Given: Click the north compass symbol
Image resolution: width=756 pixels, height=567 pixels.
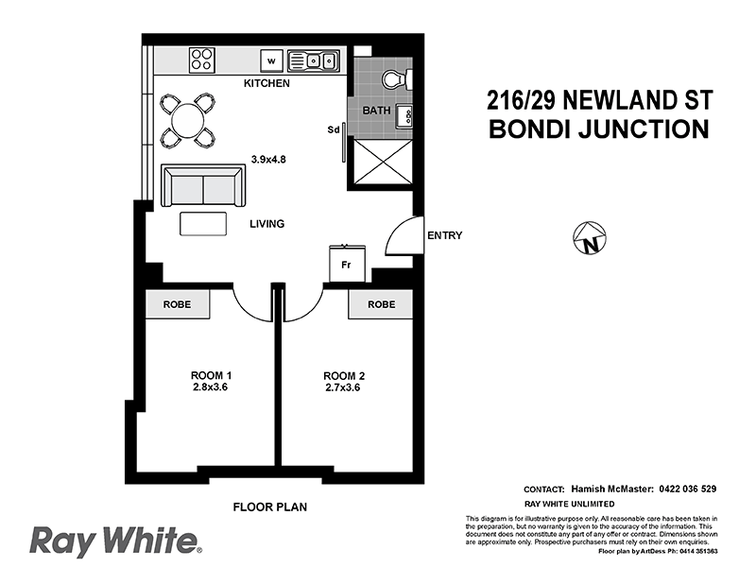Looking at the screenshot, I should tap(590, 238).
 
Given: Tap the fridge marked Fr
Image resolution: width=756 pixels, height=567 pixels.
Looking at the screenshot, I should tap(346, 264).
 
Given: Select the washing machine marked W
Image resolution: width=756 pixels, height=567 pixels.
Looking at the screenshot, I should tap(272, 61).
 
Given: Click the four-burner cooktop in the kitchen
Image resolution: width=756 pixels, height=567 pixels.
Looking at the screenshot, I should tap(202, 60).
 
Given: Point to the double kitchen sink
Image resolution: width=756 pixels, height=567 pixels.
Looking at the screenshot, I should tap(315, 61).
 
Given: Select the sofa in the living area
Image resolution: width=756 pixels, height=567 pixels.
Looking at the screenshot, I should tap(203, 186).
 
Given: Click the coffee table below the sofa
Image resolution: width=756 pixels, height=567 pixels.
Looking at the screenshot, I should tap(204, 223).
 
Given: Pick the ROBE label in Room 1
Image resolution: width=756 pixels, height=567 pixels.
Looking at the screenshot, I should tap(178, 304).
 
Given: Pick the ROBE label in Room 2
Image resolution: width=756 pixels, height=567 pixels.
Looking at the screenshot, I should tap(381, 304).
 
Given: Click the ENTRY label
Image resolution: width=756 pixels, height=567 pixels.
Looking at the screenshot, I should tap(444, 235).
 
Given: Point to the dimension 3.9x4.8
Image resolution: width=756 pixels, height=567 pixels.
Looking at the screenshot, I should tap(268, 160).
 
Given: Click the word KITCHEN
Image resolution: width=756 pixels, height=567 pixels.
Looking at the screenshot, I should tap(266, 83).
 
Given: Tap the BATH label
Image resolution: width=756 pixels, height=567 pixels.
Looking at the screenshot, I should tap(378, 112).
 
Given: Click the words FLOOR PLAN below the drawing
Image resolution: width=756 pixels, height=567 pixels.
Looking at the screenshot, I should tap(270, 507).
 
